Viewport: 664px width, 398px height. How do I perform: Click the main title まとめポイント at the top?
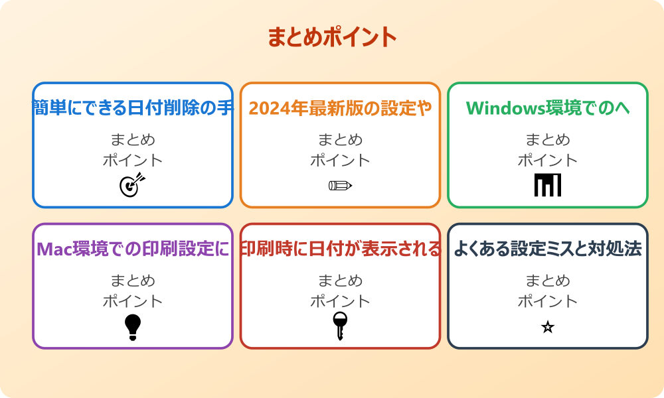332,37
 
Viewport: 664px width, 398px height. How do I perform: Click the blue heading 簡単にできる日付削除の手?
133,107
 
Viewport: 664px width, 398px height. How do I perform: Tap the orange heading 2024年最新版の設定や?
340,107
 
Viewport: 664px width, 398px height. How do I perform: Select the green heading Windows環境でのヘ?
548,107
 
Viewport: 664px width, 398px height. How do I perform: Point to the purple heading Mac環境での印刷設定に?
133,249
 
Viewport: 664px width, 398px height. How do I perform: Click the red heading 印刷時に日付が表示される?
340,249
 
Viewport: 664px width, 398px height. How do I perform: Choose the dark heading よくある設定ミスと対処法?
548,249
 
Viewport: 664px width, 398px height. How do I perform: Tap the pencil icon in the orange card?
340,185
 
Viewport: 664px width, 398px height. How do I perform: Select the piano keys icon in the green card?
548,185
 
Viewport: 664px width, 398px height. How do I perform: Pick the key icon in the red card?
339,326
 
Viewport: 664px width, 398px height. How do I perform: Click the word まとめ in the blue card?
133,140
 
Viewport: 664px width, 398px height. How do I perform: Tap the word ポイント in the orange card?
340,160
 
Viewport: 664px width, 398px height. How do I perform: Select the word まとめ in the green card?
548,140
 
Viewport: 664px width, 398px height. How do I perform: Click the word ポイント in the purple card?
133,301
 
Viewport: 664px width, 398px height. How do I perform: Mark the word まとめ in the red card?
340,281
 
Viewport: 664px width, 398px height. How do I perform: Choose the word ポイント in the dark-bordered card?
548,301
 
